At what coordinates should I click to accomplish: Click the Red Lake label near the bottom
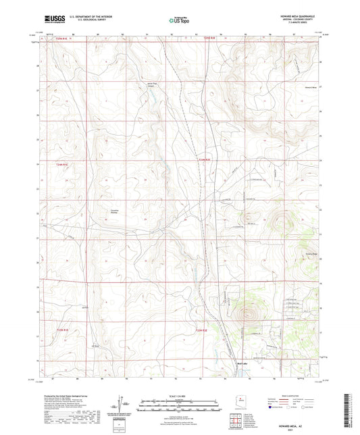pos(230,362)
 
